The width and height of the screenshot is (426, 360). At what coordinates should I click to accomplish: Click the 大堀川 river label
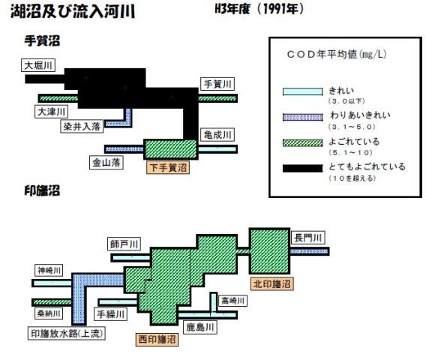tap(38, 65)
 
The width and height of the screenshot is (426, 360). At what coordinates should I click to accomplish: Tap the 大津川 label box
tap(51, 112)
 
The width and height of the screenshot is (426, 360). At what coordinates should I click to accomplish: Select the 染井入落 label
tap(82, 126)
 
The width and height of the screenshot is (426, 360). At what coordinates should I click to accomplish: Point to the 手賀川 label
tap(217, 84)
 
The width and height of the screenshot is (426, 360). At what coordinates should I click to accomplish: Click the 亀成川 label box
tap(217, 134)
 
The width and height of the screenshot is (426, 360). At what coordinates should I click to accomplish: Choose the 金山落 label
tap(106, 163)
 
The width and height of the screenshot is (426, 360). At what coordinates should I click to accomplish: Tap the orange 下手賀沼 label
tap(168, 167)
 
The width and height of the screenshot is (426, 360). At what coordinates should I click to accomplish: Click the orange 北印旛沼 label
tap(272, 283)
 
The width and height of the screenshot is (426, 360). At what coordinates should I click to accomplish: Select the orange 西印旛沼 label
tap(157, 339)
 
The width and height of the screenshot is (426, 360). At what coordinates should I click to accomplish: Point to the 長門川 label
tap(308, 238)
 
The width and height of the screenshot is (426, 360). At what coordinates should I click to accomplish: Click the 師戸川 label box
tap(124, 244)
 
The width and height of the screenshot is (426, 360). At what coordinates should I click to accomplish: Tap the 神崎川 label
tap(49, 270)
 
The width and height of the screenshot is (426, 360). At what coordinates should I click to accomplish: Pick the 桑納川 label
tap(49, 313)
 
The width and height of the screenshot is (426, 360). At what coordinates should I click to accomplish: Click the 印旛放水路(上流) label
tap(67, 333)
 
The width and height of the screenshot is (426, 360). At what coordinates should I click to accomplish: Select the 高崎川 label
tap(232, 301)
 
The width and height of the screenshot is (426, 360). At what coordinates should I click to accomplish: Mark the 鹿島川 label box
tap(200, 327)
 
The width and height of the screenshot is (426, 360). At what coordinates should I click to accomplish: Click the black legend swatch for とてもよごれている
tap(303, 168)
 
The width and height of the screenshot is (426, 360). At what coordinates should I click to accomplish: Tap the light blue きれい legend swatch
tap(303, 91)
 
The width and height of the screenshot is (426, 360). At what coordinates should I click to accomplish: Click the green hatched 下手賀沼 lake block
tap(170, 149)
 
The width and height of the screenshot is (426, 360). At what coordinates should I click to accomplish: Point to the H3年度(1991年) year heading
tap(259, 9)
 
